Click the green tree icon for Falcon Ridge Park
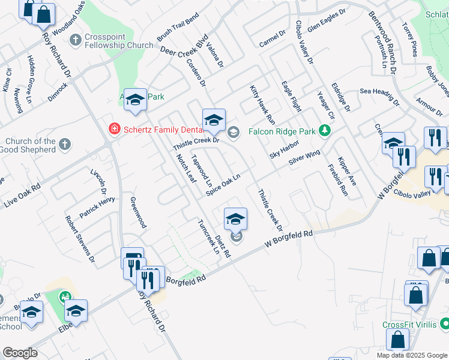(x=325, y=130)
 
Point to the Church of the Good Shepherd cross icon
(x=65, y=145)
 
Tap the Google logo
(x=20, y=353)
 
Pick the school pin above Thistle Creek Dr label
(x=214, y=119)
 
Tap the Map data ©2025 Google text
(x=411, y=355)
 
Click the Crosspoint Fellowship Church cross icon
(x=76, y=40)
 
